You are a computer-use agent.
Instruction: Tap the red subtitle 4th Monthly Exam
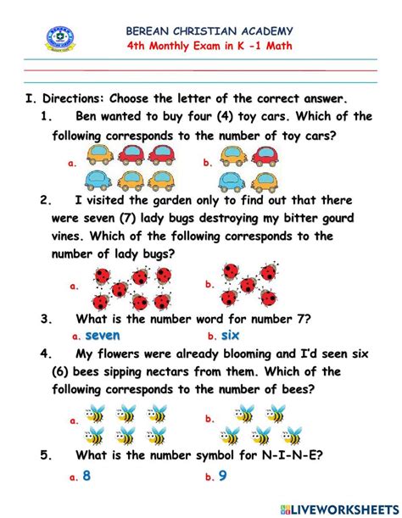pos(208,46)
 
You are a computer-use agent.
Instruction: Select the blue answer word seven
pos(103,336)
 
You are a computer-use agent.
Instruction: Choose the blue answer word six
pos(230,336)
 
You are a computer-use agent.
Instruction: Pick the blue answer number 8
pos(86,476)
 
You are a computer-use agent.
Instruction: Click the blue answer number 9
pos(222,476)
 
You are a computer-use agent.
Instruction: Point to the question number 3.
pos(47,320)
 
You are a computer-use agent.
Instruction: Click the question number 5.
pos(47,454)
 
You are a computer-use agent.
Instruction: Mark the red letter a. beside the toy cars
pos(73,162)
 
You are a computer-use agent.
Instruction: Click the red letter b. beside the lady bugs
pos(209,285)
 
